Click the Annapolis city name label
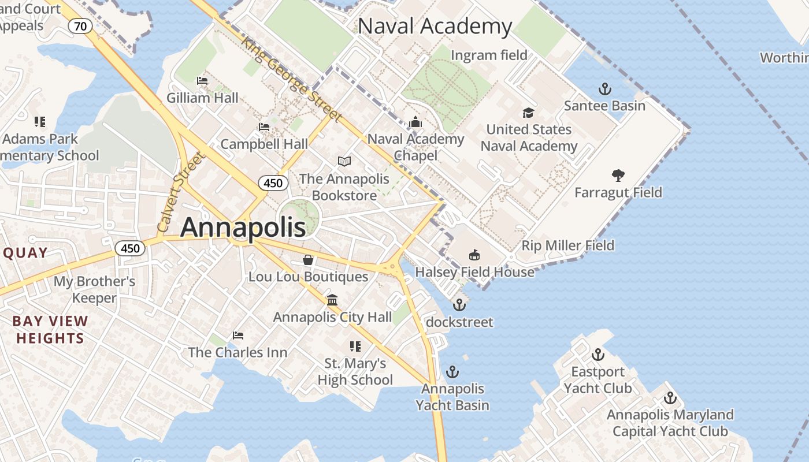click(x=243, y=228)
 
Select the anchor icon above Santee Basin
click(x=604, y=89)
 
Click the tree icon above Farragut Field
click(x=618, y=176)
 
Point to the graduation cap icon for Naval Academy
click(x=528, y=113)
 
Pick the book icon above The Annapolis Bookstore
click(x=344, y=162)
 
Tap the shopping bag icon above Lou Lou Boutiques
click(x=308, y=260)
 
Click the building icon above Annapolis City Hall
click(x=332, y=300)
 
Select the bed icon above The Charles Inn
click(x=237, y=335)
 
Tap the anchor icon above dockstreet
click(x=459, y=304)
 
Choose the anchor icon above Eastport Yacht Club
click(x=598, y=354)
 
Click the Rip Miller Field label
click(x=567, y=245)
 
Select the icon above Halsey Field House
click(x=474, y=255)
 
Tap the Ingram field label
click(x=489, y=55)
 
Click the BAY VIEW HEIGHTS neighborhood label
click(x=50, y=330)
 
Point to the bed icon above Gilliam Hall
click(x=202, y=81)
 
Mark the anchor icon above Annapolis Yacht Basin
click(x=452, y=371)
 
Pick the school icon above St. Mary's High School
click(x=355, y=346)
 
